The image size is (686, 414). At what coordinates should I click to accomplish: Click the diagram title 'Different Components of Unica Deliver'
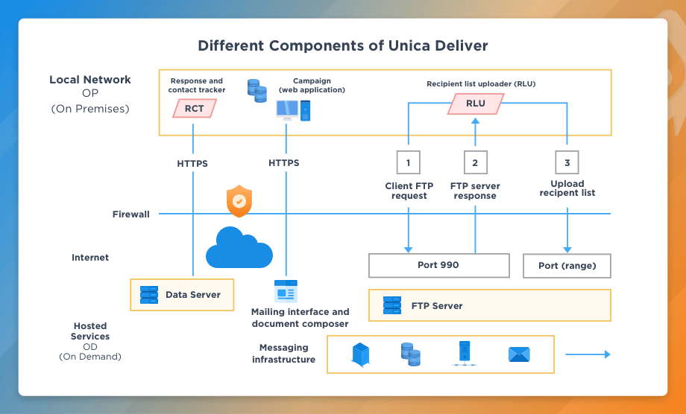coord(343,45)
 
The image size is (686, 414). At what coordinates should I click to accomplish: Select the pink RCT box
coord(194,109)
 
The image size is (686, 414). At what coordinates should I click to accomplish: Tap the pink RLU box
coord(475,103)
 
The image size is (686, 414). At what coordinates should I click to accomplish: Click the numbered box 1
coord(408,162)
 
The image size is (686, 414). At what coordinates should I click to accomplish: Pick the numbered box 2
coord(475,162)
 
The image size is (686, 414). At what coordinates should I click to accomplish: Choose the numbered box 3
coord(567,162)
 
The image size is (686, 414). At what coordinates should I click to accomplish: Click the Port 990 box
coord(438,265)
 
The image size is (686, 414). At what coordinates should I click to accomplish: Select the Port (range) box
coord(567,266)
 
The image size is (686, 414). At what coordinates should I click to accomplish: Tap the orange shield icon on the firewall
coord(239,202)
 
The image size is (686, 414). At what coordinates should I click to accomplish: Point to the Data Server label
coord(192,295)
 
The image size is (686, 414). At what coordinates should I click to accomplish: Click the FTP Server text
coord(437,305)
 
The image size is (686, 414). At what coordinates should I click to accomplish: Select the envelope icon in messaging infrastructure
coord(518,354)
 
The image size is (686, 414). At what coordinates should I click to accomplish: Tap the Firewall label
coord(131,214)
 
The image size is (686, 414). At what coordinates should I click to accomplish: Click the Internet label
coord(90,258)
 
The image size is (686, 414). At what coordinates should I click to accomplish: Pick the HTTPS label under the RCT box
coord(192,163)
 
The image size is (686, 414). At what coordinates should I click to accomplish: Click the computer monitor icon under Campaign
coord(287,110)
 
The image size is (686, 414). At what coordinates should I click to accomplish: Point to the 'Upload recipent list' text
coord(567,188)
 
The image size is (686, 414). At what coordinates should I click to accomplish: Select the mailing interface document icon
coord(285,290)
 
